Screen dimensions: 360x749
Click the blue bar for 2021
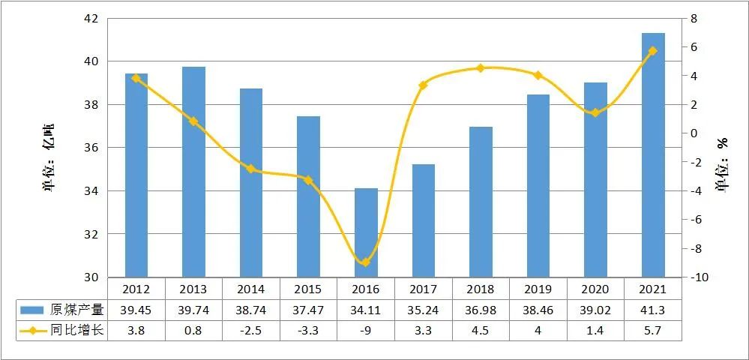tap(653, 155)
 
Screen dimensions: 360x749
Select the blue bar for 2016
tap(366, 232)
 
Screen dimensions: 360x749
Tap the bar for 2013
tap(193, 172)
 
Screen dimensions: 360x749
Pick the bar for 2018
tap(481, 202)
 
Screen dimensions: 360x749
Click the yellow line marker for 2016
tap(366, 262)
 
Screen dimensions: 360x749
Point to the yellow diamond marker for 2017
tap(423, 85)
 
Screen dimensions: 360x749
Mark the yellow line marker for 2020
tap(595, 113)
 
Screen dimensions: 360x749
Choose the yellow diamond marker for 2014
tap(251, 169)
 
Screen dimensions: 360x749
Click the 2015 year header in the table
tap(308, 289)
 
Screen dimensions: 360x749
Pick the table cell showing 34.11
tap(366, 309)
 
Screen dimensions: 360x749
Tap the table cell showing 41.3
tap(653, 309)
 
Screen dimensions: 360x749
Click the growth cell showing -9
tap(366, 330)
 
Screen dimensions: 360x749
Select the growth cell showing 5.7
tap(653, 330)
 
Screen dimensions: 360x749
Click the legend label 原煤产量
tap(76, 309)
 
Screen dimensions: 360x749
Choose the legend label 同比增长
tap(76, 330)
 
